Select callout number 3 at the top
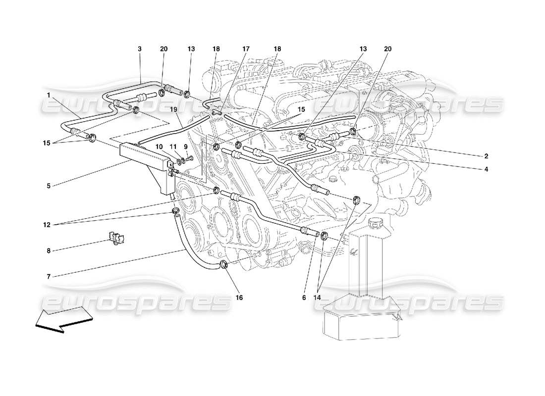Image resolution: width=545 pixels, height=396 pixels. coord(140,49)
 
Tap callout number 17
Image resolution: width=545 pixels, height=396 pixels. coord(246,49)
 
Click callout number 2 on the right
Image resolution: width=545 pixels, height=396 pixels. coord(487,156)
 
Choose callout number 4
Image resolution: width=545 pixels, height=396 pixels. coord(487,169)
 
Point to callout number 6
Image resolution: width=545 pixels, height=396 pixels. coord(303,298)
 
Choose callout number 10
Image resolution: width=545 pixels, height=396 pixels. coord(160,147)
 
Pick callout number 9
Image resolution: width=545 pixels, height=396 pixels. coord(185,147)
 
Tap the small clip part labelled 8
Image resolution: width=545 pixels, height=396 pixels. coord(116,239)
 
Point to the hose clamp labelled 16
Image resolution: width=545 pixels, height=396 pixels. coord(222,264)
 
